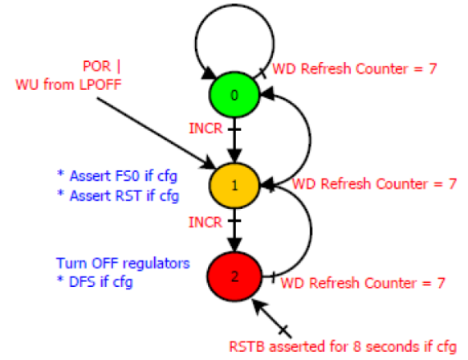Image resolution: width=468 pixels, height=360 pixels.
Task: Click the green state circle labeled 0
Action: click(234, 95)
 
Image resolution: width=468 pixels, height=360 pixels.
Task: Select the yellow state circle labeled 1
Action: click(234, 186)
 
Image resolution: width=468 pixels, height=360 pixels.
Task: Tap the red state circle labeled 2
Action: click(234, 276)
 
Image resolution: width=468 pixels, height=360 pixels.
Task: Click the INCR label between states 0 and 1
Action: click(206, 129)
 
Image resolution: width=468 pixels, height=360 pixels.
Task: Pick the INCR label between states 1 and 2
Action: click(206, 223)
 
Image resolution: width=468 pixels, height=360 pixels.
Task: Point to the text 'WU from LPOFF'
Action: click(68, 84)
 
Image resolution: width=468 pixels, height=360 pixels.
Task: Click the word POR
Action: click(96, 66)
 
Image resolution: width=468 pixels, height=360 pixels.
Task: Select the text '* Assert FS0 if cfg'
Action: click(117, 176)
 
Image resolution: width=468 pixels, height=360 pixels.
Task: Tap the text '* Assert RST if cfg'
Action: click(118, 196)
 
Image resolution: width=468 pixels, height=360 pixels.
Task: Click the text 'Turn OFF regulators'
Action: click(123, 264)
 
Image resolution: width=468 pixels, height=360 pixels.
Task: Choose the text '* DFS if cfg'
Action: click(95, 282)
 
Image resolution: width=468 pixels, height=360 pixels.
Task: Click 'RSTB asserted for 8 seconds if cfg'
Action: click(343, 347)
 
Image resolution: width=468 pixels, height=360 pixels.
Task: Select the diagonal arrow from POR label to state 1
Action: click(156, 133)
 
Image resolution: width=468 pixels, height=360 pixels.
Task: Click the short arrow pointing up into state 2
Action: click(271, 318)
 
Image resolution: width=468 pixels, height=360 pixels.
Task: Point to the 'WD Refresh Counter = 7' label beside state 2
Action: click(363, 283)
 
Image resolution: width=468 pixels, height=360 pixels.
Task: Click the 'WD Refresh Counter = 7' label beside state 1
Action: click(374, 184)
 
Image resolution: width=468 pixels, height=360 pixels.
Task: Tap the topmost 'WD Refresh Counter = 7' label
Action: click(355, 69)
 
